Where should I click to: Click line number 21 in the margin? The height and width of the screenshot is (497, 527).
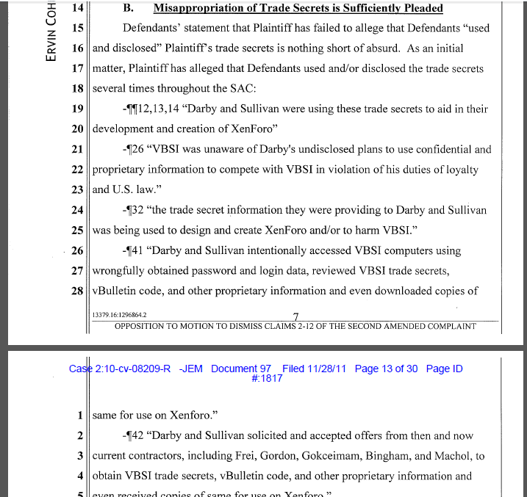[x=77, y=149]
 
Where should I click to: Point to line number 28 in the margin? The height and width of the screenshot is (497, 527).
[x=77, y=291]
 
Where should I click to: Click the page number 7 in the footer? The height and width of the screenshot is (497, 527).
[x=295, y=317]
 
